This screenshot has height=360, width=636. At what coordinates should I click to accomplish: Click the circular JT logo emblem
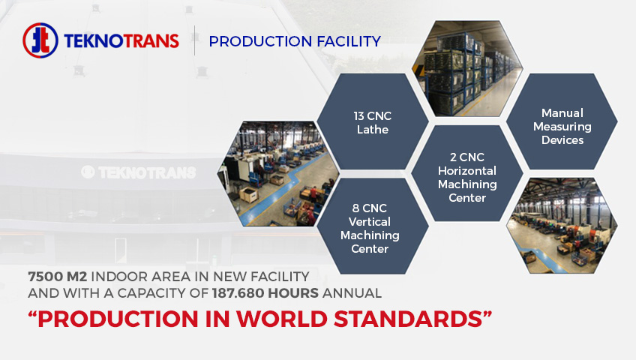pyautogui.click(x=40, y=40)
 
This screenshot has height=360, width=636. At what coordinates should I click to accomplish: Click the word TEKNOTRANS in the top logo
pyautogui.click(x=121, y=41)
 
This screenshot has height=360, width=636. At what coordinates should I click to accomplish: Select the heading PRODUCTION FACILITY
pyautogui.click(x=295, y=41)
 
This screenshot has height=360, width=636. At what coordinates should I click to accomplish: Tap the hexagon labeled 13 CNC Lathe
pyautogui.click(x=372, y=121)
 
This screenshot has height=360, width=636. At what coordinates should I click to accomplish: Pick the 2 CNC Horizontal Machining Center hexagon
pyautogui.click(x=467, y=173)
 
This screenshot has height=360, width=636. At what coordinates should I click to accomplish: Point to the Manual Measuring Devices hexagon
pyautogui.click(x=562, y=121)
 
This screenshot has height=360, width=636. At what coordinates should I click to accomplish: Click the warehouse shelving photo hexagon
pyautogui.click(x=467, y=68)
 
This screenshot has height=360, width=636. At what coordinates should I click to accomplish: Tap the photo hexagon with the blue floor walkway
pyautogui.click(x=278, y=173)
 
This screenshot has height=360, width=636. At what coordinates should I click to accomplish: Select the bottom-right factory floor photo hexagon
pyautogui.click(x=562, y=226)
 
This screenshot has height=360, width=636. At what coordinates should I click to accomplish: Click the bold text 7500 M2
pyautogui.click(x=57, y=277)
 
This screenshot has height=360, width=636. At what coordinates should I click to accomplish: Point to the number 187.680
pyautogui.click(x=238, y=293)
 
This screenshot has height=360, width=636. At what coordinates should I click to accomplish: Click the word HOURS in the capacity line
pyautogui.click(x=293, y=293)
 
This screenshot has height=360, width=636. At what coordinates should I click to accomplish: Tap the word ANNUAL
pyautogui.click(x=352, y=293)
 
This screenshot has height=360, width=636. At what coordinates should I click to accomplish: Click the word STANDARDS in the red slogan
pyautogui.click(x=409, y=319)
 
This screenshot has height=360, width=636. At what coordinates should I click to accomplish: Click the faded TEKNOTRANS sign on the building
pyautogui.click(x=139, y=172)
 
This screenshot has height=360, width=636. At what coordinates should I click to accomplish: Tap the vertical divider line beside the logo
pyautogui.click(x=195, y=40)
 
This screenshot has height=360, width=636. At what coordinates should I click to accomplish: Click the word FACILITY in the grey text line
pyautogui.click(x=280, y=277)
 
